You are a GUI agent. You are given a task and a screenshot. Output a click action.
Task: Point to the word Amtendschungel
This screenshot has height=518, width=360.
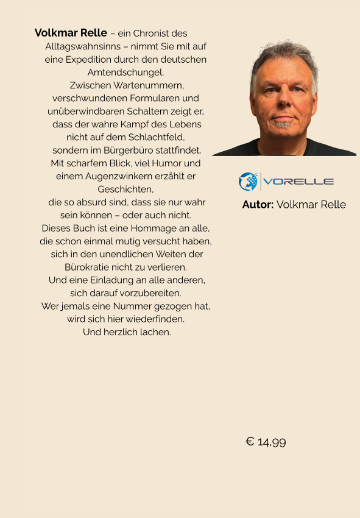pyautogui.click(x=125, y=73)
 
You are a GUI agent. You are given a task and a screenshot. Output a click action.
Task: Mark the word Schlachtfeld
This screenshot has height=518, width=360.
pyautogui.click(x=155, y=137)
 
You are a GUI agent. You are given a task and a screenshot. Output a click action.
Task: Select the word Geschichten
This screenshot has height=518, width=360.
pyautogui.click(x=125, y=189)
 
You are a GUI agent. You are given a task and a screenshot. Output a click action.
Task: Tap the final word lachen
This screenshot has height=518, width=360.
pyautogui.click(x=156, y=332)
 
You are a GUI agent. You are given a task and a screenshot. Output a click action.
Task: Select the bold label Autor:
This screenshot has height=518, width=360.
pyautogui.click(x=258, y=205)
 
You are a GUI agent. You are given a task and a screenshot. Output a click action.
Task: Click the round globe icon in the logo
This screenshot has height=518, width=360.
pyautogui.click(x=249, y=182)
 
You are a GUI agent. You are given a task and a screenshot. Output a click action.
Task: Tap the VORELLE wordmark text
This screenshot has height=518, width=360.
pyautogui.click(x=298, y=182)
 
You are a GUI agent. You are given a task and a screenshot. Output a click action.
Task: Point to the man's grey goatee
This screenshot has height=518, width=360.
pyautogui.click(x=283, y=124)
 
